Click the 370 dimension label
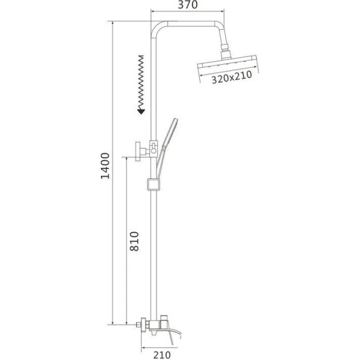pos(188,5)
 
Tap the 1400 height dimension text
pos(106,166)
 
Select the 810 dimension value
pos(134,241)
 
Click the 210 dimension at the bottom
pos(162,355)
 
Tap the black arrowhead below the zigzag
pos(141,112)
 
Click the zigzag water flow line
pos(141,82)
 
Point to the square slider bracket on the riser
pos(154,185)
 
